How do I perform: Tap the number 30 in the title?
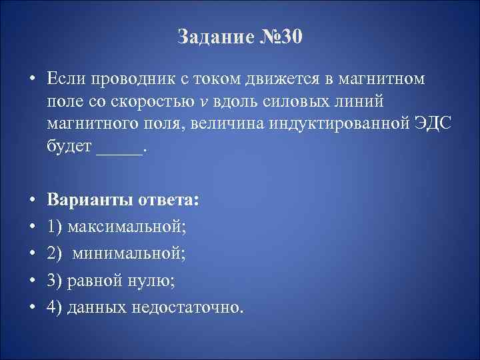[291, 38]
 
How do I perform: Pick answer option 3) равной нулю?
[111, 279]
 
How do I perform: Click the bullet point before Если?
[31, 79]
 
